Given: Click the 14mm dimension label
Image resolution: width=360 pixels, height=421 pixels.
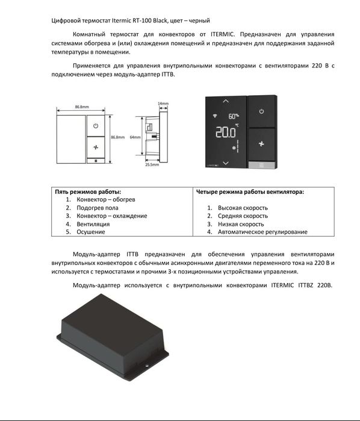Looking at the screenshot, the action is point(163,104).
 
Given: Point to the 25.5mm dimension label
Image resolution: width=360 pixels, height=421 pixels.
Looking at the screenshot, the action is point(152,164).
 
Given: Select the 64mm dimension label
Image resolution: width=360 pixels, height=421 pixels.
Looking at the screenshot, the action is point(135,137).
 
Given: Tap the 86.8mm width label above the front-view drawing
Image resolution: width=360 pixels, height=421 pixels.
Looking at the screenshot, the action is point(82,107).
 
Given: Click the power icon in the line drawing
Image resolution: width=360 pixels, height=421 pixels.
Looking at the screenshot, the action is point(95,126).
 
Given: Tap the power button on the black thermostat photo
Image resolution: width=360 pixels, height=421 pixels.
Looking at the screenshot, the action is point(261,111).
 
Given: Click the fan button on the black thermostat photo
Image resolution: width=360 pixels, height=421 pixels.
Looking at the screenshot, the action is point(261,145).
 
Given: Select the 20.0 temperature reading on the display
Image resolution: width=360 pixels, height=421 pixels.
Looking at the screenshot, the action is point(225,132).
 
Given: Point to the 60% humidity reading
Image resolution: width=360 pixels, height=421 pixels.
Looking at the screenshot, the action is point(233,116).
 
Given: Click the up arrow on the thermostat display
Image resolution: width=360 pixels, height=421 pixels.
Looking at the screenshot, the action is point(226,100).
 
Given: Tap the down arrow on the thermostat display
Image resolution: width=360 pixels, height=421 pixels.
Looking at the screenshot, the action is point(226,163).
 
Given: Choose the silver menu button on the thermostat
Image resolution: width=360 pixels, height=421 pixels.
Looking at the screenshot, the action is point(261,164).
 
